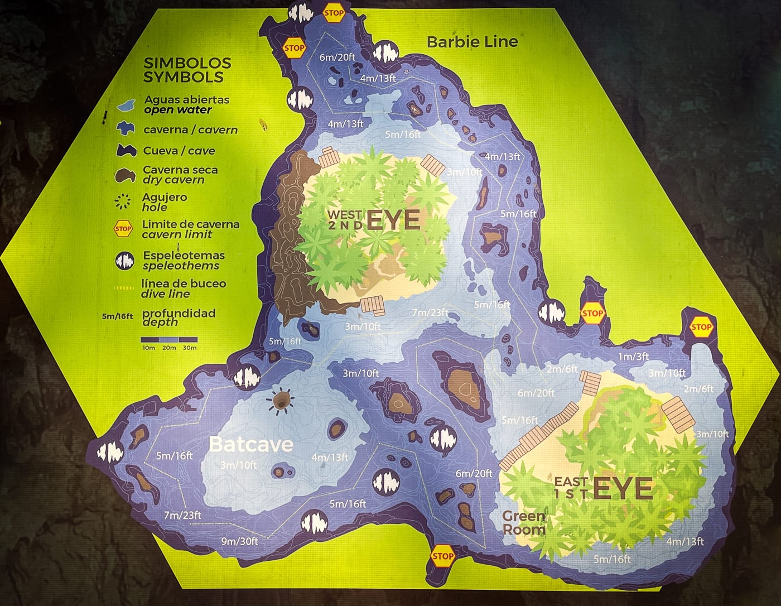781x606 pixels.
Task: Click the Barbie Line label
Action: pos(472,41)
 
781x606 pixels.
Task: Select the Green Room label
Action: pos(523,523)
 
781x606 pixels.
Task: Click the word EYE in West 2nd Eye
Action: pos(393,220)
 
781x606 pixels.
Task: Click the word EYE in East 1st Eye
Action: pos(623,489)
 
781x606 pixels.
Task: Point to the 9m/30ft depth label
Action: pos(239,541)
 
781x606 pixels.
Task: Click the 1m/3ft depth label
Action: pos(633,357)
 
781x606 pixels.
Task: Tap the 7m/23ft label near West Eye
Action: pos(430,312)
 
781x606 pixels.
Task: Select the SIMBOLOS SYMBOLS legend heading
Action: pos(187,70)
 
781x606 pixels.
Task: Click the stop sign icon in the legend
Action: pos(123,229)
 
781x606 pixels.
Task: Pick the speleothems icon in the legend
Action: pos(124,261)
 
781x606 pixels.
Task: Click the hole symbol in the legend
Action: pos(123,201)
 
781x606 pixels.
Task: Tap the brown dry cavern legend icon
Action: pos(125,175)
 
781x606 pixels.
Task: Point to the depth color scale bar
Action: pos(169,339)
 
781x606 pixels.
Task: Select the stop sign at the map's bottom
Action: pos(442,556)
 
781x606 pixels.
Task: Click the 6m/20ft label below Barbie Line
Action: pos(336,57)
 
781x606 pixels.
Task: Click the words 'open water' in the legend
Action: pos(177,110)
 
